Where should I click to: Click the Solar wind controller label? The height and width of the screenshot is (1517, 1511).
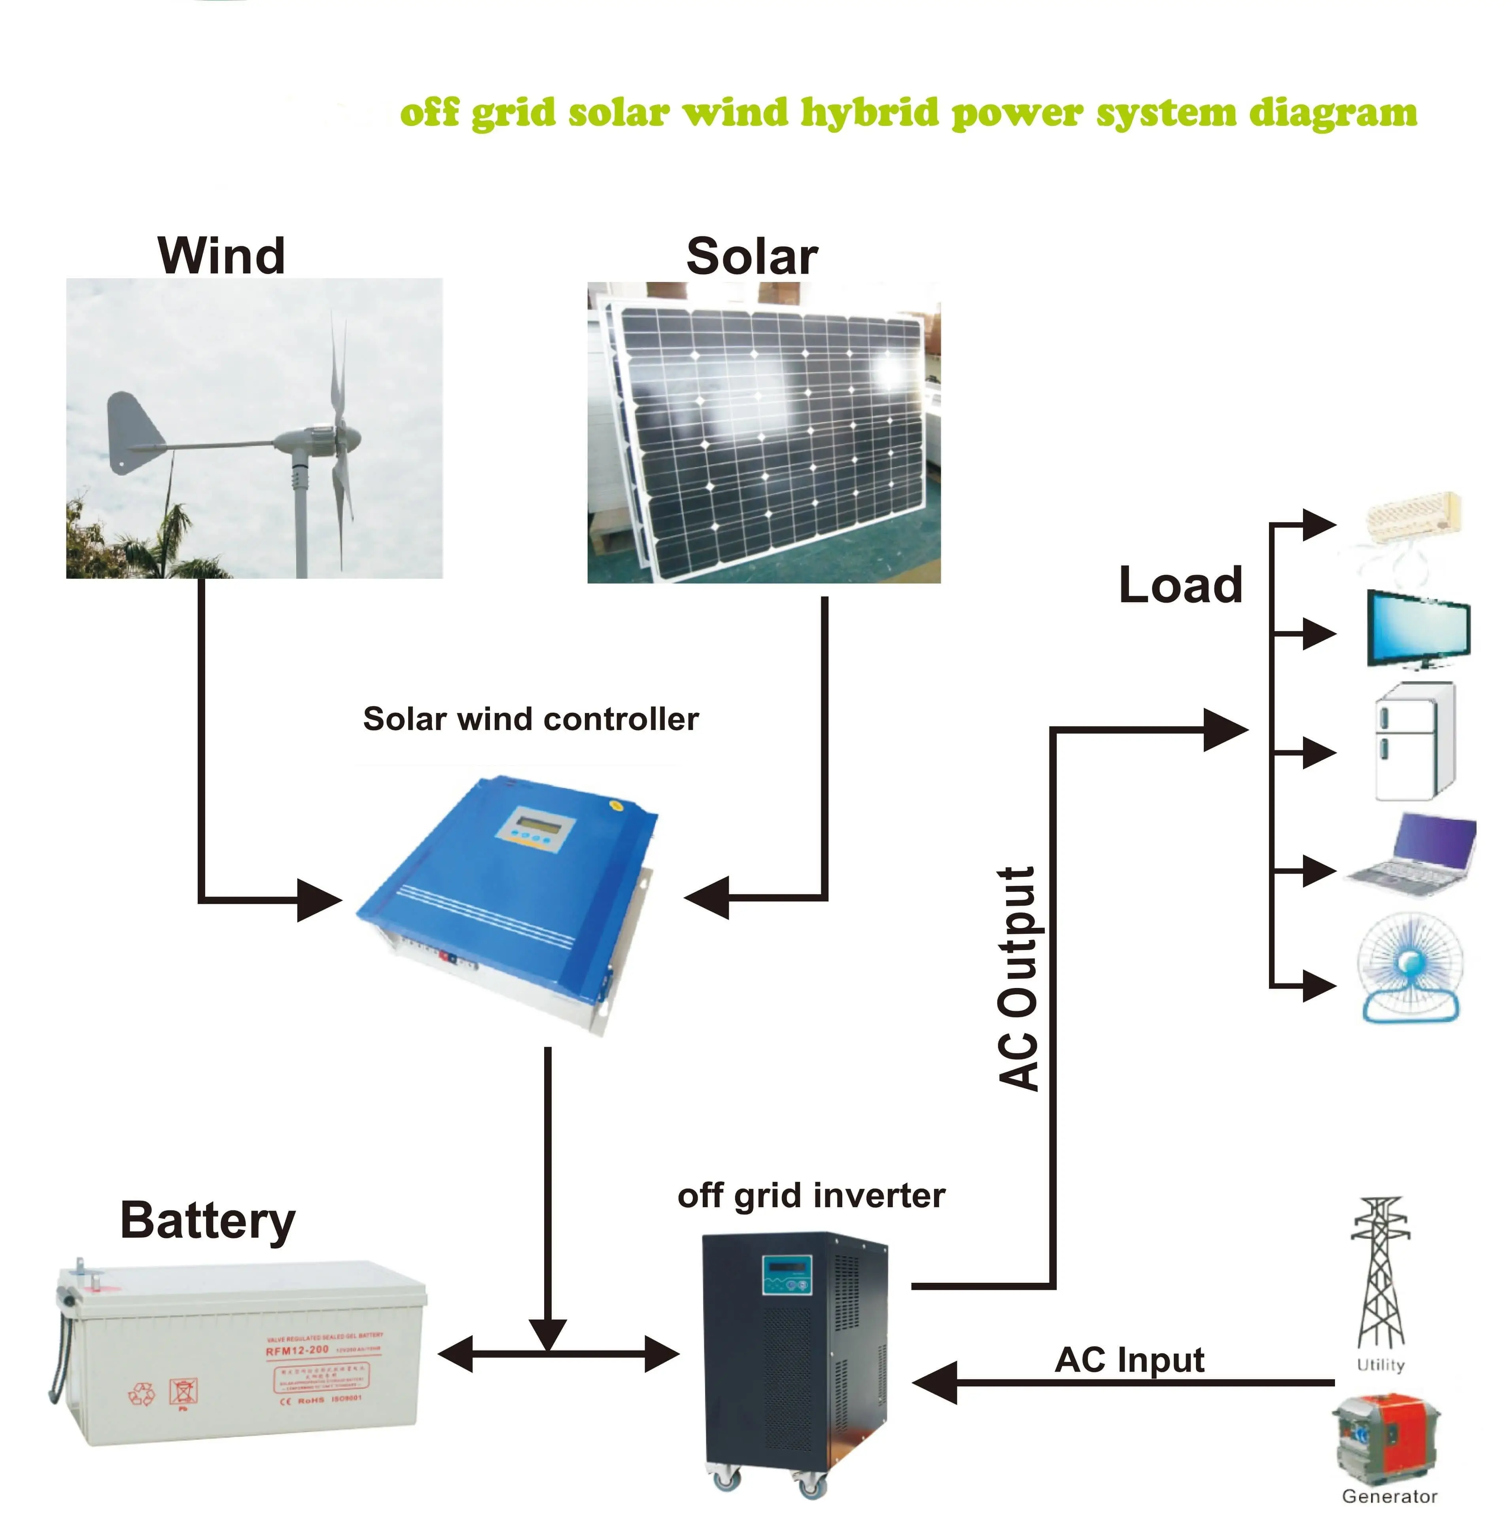531,719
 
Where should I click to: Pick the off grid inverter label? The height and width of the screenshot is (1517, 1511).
811,1196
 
